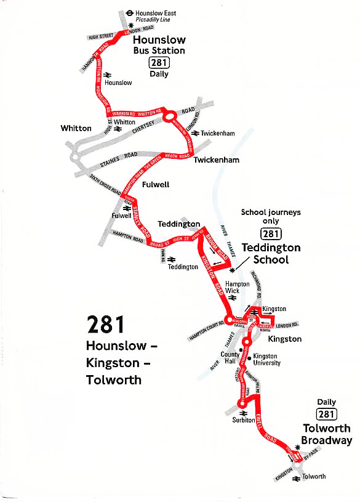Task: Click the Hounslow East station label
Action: (156, 12)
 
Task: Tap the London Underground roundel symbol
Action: (129, 12)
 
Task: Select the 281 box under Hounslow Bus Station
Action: (159, 63)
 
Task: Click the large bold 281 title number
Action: (106, 325)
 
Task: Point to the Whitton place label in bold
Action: (76, 128)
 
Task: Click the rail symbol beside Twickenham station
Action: (194, 133)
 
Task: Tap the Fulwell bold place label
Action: (155, 184)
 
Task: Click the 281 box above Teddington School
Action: (271, 233)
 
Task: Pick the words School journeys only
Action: (271, 216)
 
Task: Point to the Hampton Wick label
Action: (237, 288)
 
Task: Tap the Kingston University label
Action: (266, 359)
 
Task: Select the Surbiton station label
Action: (243, 420)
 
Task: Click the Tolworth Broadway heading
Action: (327, 434)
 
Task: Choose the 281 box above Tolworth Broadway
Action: (327, 415)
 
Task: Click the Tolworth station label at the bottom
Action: (314, 476)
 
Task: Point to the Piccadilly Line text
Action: (153, 20)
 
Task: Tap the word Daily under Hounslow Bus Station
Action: (159, 74)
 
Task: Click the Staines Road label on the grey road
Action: (119, 160)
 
